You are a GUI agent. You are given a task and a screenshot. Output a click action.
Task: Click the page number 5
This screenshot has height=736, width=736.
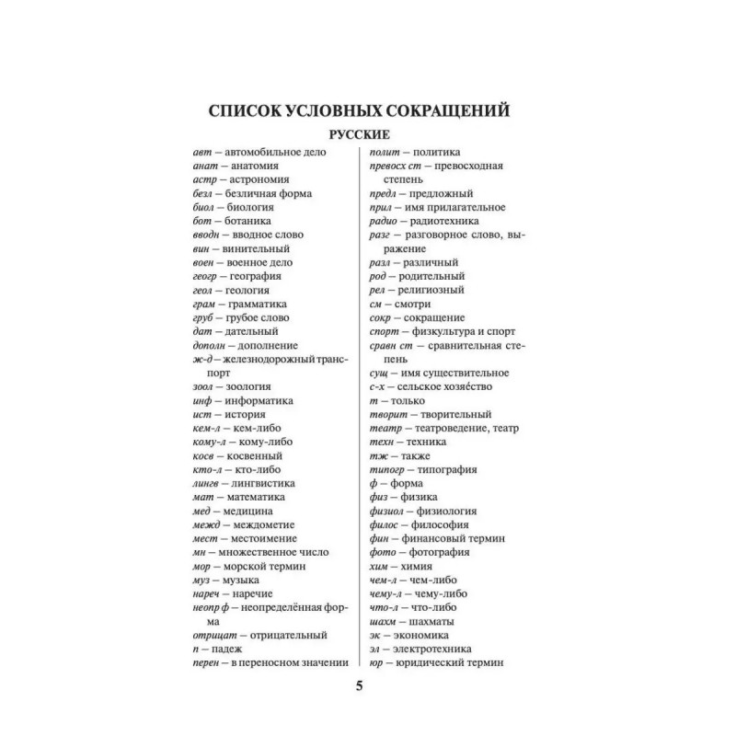(x=360, y=685)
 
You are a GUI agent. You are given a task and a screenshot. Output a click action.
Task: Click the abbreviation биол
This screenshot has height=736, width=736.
(x=204, y=207)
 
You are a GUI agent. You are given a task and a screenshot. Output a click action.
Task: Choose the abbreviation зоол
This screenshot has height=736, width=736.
(x=204, y=387)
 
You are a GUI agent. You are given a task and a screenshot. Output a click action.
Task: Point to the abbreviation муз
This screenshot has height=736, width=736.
(x=202, y=580)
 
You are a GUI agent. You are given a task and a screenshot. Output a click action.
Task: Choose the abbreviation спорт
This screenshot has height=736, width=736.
(x=384, y=330)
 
